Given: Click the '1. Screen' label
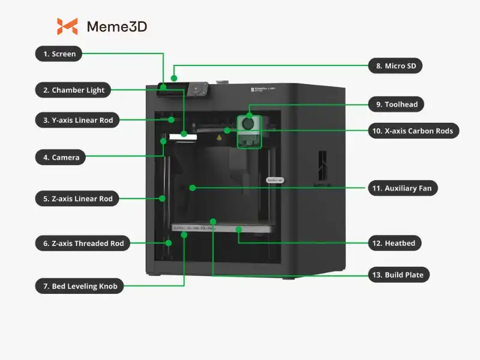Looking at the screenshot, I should pyautogui.click(x=59, y=54).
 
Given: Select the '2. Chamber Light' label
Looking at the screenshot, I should pyautogui.click(x=74, y=91).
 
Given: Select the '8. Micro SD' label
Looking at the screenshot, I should pyautogui.click(x=395, y=66).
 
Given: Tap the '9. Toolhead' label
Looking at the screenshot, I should pyautogui.click(x=397, y=104).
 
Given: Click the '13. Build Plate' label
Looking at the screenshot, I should pyautogui.click(x=399, y=275).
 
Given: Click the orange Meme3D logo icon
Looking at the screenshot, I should pyautogui.click(x=67, y=26).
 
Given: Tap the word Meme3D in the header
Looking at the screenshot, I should pyautogui.click(x=117, y=27).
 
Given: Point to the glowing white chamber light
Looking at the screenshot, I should pyautogui.click(x=184, y=137).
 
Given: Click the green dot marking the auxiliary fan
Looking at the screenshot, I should pyautogui.click(x=193, y=188).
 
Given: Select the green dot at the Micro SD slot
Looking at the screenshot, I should pyautogui.click(x=174, y=77).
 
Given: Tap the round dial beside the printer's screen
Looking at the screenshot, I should pyautogui.click(x=196, y=89).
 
